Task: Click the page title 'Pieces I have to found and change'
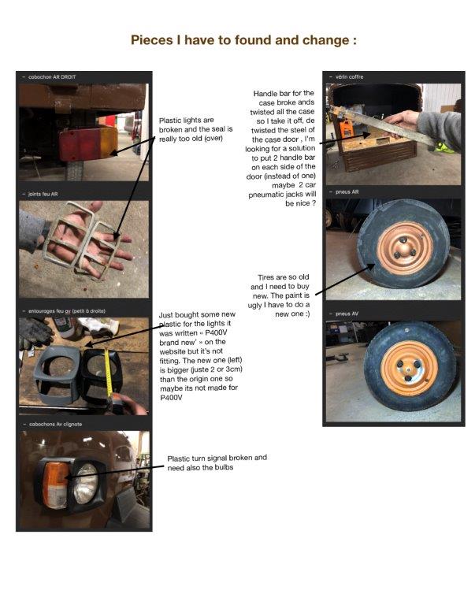[238, 40]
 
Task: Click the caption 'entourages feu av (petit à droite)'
[65, 312]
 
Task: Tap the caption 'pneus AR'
[347, 191]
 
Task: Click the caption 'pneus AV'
[347, 313]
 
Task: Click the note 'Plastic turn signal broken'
[217, 462]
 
